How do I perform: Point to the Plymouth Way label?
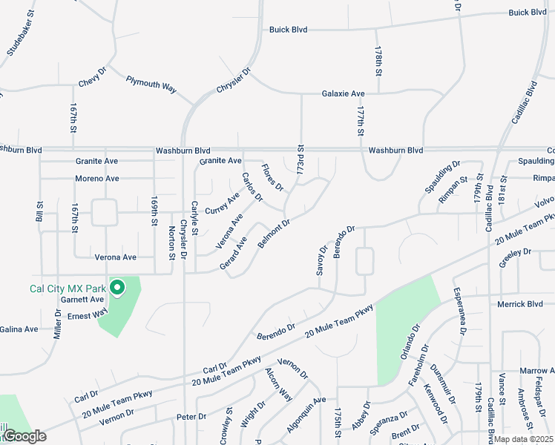coord(151,83)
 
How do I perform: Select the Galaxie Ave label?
coord(343,93)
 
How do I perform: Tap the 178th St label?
coord(378,57)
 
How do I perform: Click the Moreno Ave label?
coord(96,179)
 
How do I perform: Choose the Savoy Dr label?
coord(321,261)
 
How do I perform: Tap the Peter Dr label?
coord(191,417)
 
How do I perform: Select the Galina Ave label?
coord(19,329)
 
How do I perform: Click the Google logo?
coord(24,436)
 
